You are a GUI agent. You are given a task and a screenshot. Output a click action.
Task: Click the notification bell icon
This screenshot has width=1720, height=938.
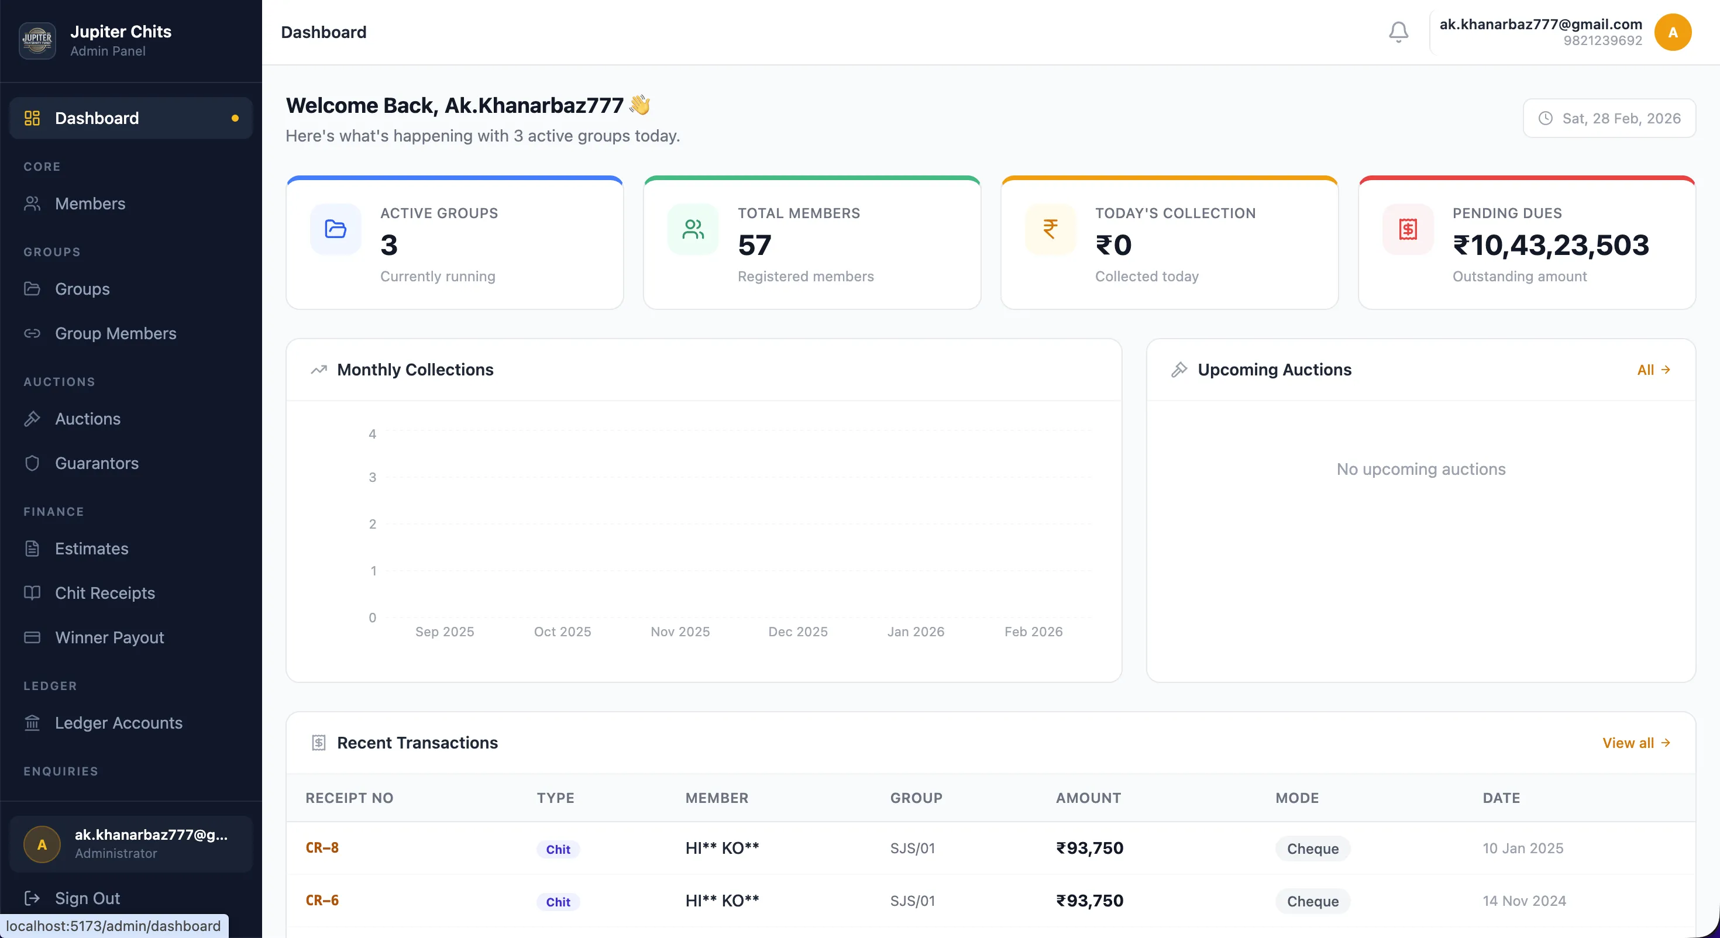click(x=1398, y=32)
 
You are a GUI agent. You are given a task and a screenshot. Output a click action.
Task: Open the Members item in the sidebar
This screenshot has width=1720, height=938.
click(x=90, y=204)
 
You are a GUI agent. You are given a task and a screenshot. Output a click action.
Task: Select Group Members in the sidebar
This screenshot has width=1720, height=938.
click(x=115, y=333)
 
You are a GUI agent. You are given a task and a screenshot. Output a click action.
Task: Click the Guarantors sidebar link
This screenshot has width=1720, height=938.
click(x=96, y=463)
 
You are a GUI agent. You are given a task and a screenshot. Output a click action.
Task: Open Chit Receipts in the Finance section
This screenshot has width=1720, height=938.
click(x=104, y=593)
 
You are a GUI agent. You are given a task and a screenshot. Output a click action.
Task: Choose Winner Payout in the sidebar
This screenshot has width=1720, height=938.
click(x=109, y=637)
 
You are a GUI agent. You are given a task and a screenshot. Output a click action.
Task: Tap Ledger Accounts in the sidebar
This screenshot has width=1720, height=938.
click(x=118, y=723)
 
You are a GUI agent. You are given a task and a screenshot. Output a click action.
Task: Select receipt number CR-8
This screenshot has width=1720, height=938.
click(x=322, y=848)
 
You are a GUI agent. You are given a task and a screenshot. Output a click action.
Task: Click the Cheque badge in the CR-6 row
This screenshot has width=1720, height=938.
click(x=1312, y=901)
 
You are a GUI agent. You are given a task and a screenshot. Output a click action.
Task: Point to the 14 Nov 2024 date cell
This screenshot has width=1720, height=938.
click(x=1523, y=901)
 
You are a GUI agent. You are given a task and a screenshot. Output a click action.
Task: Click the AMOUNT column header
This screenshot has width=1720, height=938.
click(x=1088, y=798)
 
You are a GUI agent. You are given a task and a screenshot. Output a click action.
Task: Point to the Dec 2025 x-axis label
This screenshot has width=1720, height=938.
click(x=797, y=632)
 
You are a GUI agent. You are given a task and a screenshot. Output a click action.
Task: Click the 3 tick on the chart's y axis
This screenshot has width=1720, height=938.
click(x=373, y=477)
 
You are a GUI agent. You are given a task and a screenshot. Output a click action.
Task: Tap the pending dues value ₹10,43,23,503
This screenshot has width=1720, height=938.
click(x=1550, y=245)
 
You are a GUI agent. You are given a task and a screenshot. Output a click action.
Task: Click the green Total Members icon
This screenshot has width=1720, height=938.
click(x=693, y=230)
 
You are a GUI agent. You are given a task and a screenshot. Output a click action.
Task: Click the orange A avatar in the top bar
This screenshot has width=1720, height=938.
click(x=1673, y=32)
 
